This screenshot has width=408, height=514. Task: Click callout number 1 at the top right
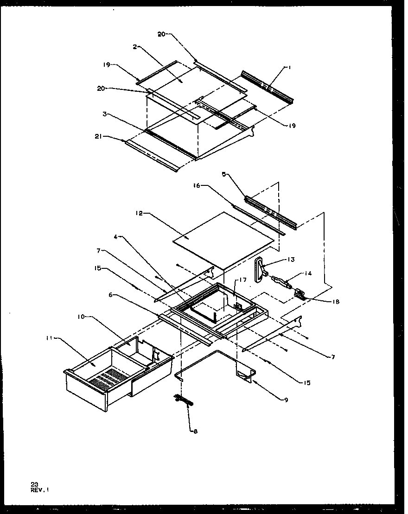tap(289, 68)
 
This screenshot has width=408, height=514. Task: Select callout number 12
tap(139, 214)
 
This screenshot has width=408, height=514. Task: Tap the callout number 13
tap(291, 260)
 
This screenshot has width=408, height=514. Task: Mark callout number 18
tap(336, 301)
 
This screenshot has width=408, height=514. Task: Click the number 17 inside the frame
tap(241, 280)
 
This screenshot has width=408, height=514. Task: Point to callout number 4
tap(115, 237)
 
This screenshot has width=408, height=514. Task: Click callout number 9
tap(286, 400)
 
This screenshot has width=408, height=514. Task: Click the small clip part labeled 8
tap(184, 399)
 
